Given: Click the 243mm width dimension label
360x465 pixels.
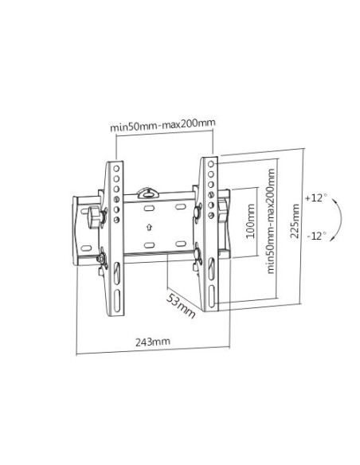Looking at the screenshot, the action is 153,342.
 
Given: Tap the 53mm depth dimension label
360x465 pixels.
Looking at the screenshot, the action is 180,306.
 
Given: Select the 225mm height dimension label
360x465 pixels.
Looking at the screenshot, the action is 295,221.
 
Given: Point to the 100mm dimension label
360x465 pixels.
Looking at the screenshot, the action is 250,221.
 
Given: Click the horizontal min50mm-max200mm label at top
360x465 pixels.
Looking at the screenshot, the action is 162,126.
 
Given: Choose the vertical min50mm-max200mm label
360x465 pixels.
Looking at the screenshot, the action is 271,221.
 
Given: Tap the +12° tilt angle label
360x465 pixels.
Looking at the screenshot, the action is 316,197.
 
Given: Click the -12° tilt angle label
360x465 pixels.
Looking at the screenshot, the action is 317,236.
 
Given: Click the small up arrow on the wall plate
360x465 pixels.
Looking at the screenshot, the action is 149,227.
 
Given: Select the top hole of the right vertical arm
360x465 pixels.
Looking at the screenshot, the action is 211,164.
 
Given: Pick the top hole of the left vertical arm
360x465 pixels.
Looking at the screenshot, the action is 116,169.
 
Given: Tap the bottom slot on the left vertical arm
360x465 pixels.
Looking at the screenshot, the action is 117,301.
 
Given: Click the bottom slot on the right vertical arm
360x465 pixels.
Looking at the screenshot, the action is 211,297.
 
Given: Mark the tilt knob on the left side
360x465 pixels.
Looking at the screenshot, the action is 94,218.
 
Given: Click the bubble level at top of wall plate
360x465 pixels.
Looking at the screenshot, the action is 147,192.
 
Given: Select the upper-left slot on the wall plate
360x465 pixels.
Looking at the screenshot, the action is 148,208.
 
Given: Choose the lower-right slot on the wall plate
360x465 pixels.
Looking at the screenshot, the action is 181,244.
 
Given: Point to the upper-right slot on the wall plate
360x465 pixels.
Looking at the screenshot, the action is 180,206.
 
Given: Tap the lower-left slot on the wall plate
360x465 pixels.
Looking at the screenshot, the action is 149,245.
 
